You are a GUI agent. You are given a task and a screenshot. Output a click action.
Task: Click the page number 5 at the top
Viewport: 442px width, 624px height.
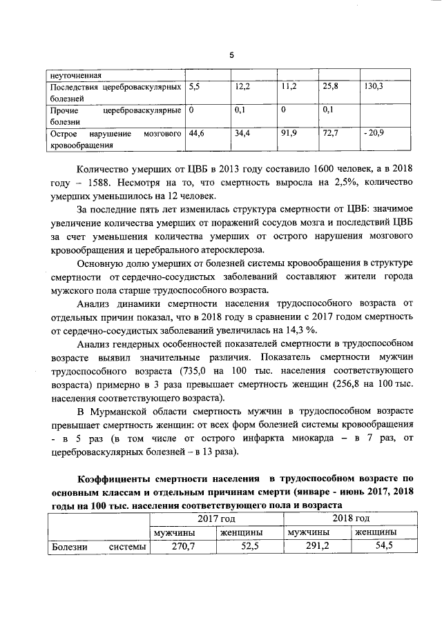click(232, 54)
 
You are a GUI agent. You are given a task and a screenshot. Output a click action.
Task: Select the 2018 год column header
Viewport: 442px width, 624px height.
click(351, 518)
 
